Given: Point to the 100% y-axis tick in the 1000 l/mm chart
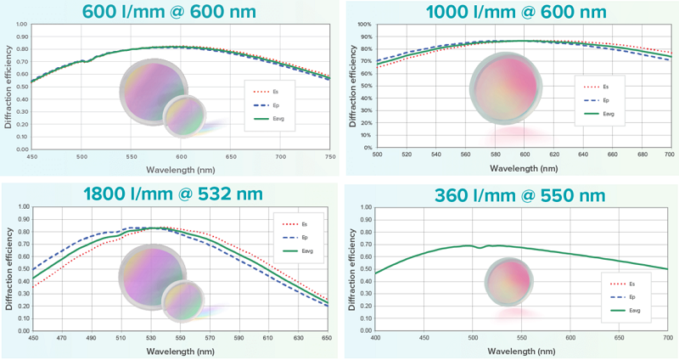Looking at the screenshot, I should [x=362, y=25].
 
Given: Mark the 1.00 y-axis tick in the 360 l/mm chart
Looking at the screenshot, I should [x=363, y=205].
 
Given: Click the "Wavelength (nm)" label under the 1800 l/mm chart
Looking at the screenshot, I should [x=175, y=350].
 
